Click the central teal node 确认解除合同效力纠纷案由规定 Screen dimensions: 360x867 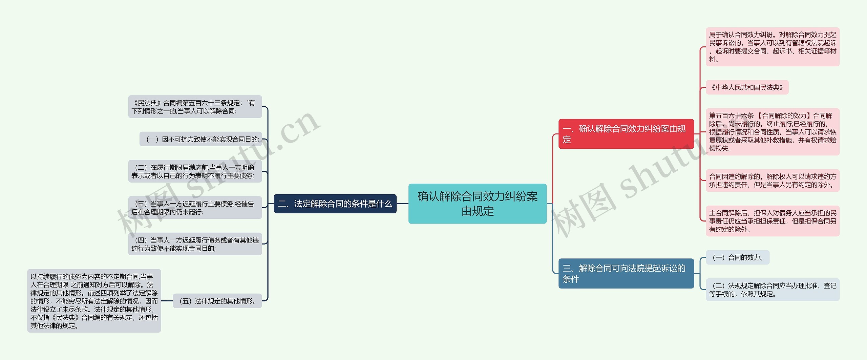point(477,204)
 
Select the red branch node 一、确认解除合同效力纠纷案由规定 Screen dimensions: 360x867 point(626,134)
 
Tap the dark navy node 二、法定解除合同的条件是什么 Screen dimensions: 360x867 point(335,204)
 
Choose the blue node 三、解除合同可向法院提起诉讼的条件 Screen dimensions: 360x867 point(626,273)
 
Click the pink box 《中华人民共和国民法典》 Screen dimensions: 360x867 point(747,87)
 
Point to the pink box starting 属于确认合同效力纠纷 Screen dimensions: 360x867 point(773,47)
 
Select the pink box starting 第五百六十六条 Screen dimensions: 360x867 point(773,132)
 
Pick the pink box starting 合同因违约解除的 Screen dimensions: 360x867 point(773,181)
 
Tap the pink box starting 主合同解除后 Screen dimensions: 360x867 point(773,221)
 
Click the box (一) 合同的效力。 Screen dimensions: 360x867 point(738,257)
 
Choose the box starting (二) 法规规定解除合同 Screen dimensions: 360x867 point(773,290)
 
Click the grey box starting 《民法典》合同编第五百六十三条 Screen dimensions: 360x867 point(195,107)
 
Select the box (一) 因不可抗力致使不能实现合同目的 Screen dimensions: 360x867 point(201,139)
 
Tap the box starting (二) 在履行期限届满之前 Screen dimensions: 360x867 point(195,171)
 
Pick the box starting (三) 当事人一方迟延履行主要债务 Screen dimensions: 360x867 point(195,208)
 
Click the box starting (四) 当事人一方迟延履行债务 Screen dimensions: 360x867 point(195,244)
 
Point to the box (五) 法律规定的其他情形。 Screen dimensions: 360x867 point(217,301)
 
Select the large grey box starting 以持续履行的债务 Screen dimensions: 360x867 point(94,301)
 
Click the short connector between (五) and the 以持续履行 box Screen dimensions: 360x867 point(167,301)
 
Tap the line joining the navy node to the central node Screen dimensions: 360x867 point(402,204)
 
